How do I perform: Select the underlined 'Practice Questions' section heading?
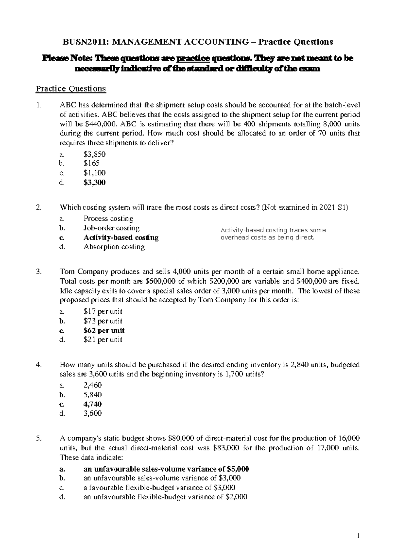(x=71, y=89)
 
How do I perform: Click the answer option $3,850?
(x=94, y=154)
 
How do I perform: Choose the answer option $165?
(x=91, y=163)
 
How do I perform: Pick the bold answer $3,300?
(x=94, y=182)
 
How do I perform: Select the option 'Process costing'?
(x=108, y=219)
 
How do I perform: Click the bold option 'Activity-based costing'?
(x=121, y=238)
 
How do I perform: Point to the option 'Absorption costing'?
(x=114, y=247)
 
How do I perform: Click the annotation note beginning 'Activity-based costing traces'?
(x=273, y=234)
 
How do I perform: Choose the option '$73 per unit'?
(x=103, y=321)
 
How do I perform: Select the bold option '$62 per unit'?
(x=104, y=331)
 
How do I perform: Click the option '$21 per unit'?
(x=103, y=340)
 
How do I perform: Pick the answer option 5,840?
(x=93, y=395)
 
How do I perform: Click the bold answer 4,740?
(x=93, y=404)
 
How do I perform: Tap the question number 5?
(x=39, y=438)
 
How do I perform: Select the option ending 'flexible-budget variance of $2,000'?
(x=165, y=497)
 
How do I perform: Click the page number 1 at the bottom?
(x=358, y=537)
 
